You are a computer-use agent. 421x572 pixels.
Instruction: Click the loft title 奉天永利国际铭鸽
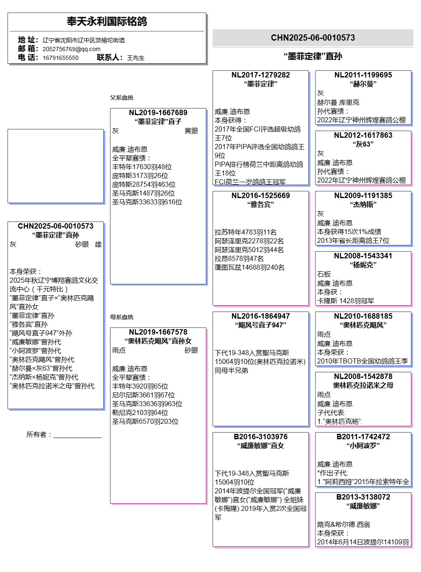(x=107, y=21)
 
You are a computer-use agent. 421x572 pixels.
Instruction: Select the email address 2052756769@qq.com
(x=71, y=49)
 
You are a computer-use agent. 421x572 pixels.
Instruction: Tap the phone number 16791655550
(x=60, y=58)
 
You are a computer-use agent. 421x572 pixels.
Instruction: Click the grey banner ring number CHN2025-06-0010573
(x=313, y=38)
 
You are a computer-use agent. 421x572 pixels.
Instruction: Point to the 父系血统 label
(x=121, y=98)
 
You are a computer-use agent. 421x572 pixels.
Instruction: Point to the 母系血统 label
(x=121, y=317)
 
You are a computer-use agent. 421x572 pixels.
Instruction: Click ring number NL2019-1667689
(x=158, y=113)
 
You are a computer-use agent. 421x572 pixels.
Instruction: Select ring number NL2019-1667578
(x=158, y=332)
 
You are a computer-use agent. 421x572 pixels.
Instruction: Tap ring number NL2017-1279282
(x=260, y=75)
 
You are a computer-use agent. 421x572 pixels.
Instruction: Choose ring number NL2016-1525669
(x=260, y=196)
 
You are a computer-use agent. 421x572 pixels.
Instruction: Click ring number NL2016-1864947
(x=260, y=316)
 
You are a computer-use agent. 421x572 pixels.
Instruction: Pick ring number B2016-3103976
(x=260, y=437)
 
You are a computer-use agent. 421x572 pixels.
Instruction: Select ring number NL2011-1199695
(x=363, y=75)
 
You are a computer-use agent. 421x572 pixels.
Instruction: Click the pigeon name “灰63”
(x=363, y=144)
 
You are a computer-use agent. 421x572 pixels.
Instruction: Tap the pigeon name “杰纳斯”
(x=363, y=205)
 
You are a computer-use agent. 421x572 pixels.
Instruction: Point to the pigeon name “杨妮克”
(x=363, y=265)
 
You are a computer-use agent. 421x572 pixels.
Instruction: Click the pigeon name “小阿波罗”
(x=363, y=446)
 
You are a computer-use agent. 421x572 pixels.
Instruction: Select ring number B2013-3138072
(x=363, y=497)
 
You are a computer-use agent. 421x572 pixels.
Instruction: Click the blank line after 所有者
(x=77, y=435)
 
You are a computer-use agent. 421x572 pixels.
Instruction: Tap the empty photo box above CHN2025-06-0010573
(x=56, y=166)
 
